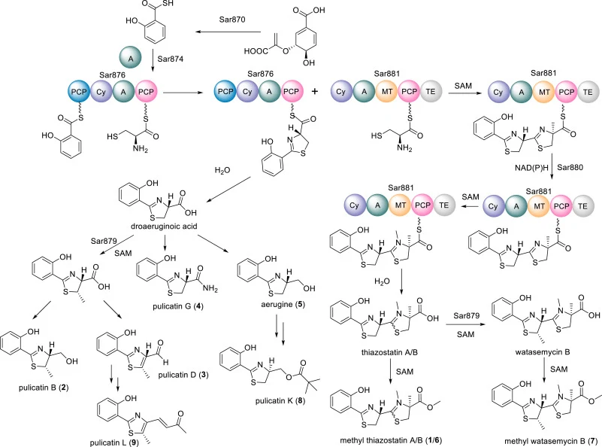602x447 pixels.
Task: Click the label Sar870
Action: pos(232,20)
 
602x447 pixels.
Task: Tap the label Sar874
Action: pos(170,59)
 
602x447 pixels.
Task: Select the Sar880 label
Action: pos(570,167)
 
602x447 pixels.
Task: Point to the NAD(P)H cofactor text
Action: pos(531,168)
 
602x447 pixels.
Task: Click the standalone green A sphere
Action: pos(131,59)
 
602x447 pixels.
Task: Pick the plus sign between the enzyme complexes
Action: pos(315,92)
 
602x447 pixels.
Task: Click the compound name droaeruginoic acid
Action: pos(164,227)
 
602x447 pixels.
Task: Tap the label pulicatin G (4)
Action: pos(178,306)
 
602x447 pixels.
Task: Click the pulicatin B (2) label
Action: pos(44,388)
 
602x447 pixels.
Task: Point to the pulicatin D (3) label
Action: pos(183,375)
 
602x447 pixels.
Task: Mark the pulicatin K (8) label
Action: pos(280,401)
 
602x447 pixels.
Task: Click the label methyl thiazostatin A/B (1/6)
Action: pos(391,440)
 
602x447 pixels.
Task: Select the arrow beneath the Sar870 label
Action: pos(228,32)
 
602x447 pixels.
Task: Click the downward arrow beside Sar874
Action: pos(153,60)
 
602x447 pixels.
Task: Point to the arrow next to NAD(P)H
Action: pos(552,167)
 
